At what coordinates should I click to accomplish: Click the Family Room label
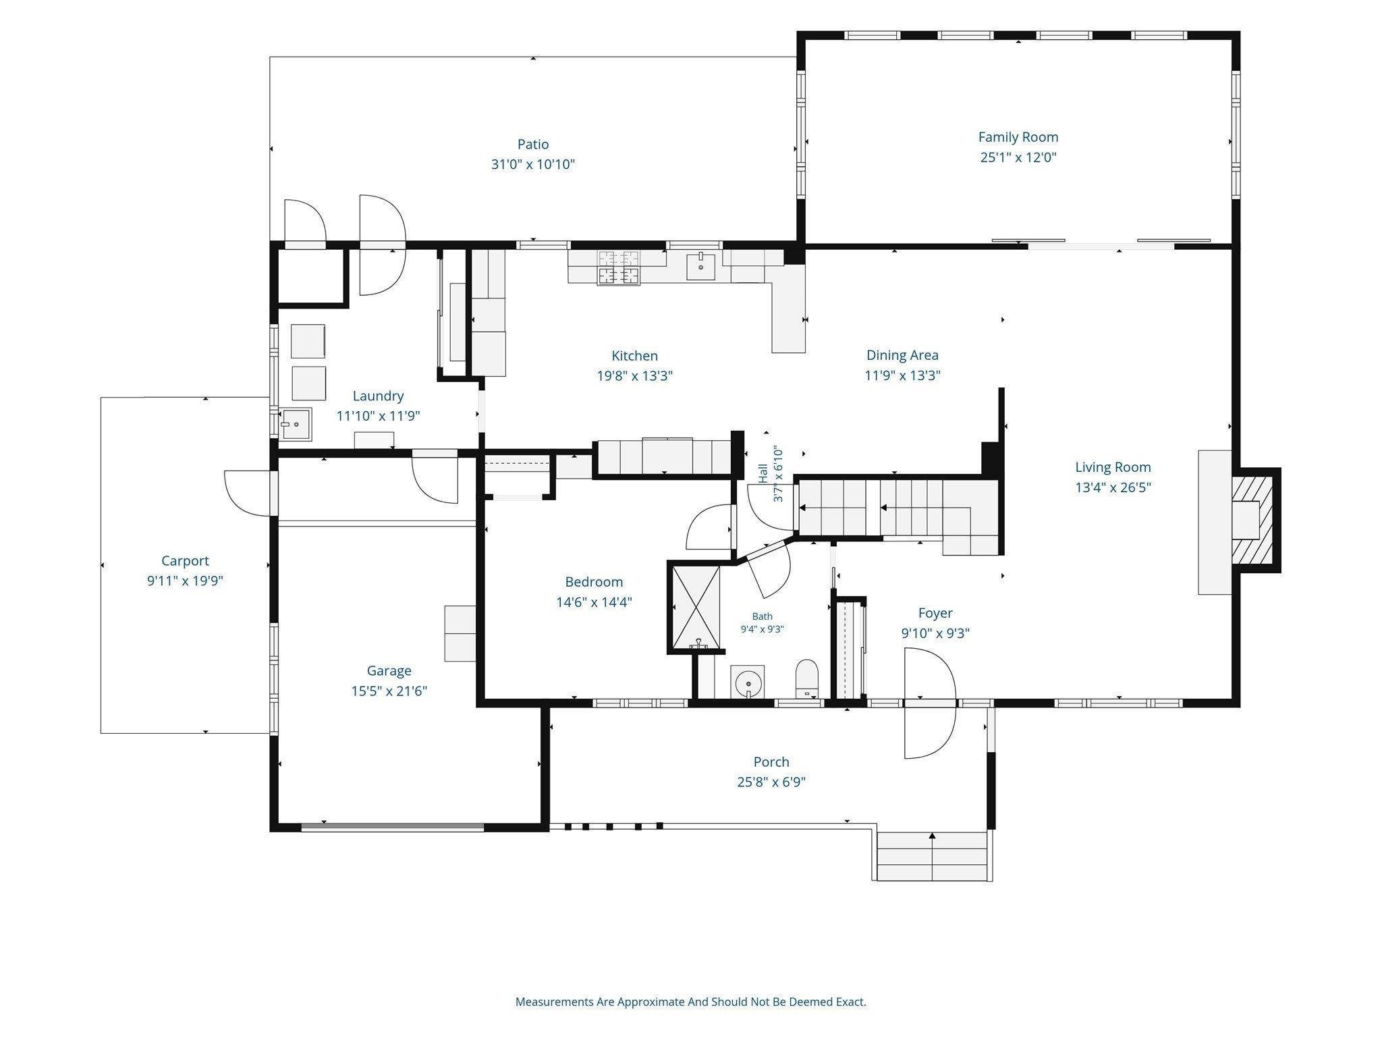[1018, 137]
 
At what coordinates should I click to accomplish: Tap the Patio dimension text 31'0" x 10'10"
[533, 164]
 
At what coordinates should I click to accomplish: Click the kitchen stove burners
[618, 267]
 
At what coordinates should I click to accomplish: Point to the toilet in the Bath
[806, 678]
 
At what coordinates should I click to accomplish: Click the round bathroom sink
[748, 681]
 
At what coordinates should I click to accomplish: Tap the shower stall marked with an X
[696, 607]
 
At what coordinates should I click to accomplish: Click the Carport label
[185, 561]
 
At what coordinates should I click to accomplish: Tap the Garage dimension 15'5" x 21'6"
[389, 691]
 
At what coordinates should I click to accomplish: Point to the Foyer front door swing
[930, 703]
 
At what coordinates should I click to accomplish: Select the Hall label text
[763, 473]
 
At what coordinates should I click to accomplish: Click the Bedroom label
[594, 582]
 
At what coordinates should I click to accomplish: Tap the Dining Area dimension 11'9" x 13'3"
[902, 375]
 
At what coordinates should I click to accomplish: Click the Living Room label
[1113, 467]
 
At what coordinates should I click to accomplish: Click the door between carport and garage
[250, 493]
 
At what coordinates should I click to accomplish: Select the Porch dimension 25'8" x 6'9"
[771, 782]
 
